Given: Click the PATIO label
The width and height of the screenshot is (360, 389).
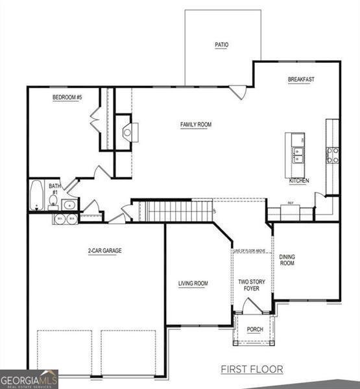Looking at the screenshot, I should click(222, 45).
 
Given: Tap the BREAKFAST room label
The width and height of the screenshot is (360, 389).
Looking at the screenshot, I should click(301, 80).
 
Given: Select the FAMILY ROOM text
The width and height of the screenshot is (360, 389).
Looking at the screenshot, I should click(195, 124).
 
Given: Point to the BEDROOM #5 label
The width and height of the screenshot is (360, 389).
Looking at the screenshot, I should click(67, 98).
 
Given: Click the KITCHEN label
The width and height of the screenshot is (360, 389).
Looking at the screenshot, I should click(299, 181).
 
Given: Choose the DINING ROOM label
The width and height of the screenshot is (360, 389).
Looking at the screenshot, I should click(287, 260).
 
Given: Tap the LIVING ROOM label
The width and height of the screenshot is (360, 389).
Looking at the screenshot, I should click(193, 283).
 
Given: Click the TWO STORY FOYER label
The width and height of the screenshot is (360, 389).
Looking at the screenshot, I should click(251, 285).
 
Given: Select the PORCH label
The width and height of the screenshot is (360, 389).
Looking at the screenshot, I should click(255, 329).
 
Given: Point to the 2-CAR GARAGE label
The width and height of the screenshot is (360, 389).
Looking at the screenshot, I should click(105, 250).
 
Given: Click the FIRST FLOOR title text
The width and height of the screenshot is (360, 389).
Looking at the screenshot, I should click(252, 370).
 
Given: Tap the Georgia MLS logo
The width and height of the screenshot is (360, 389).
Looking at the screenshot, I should click(29, 379).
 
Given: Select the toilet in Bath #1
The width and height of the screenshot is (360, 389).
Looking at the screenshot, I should click(53, 200).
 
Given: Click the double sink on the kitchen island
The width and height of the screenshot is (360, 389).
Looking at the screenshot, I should click(298, 154).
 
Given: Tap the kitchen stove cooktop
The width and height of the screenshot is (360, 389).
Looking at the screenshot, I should click(332, 154).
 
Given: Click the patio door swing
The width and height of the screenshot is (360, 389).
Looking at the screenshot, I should click(238, 92).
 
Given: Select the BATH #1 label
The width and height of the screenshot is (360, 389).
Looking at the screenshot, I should click(54, 189).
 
